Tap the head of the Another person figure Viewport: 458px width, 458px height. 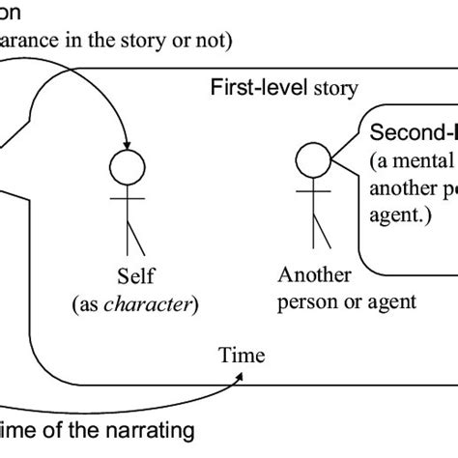[x=311, y=157]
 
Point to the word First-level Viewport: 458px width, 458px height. [x=252, y=88]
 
